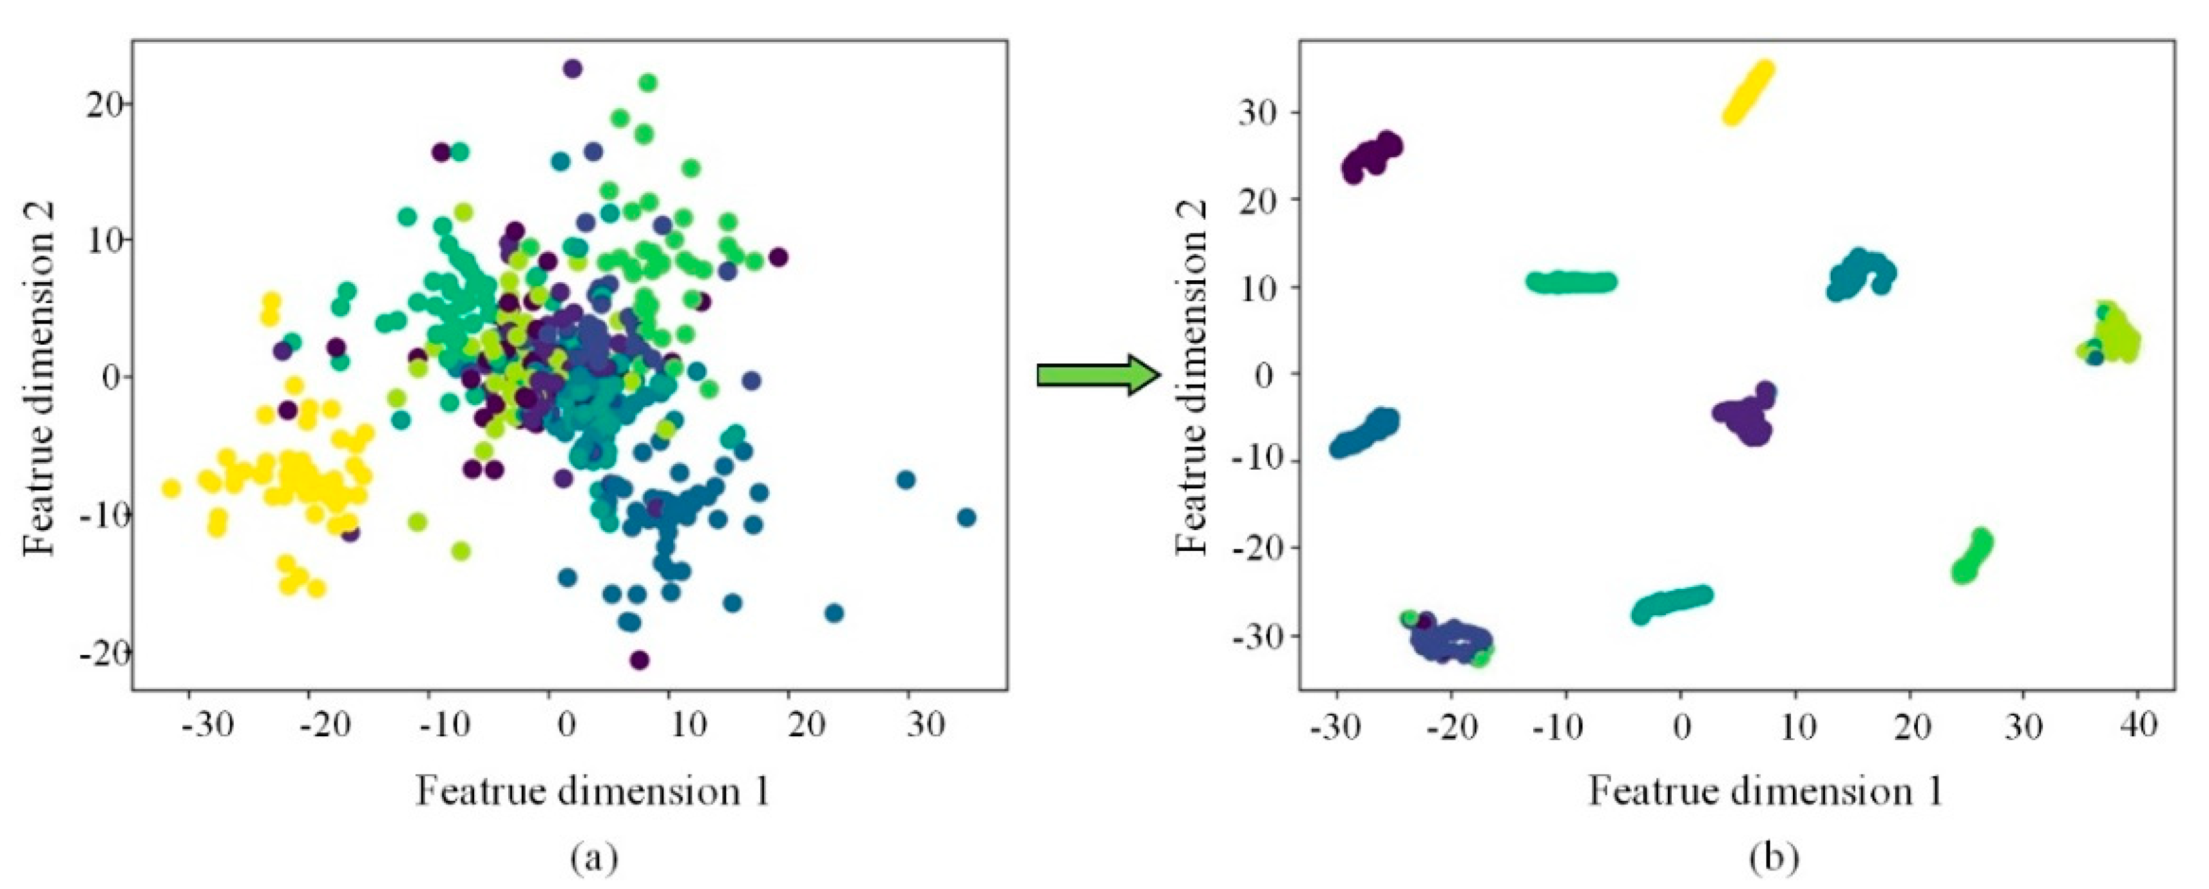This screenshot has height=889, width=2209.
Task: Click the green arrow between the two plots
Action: (x=1098, y=375)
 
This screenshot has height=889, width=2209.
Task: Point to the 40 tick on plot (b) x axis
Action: (x=2139, y=725)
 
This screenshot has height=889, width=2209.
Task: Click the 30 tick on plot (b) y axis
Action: (x=1257, y=111)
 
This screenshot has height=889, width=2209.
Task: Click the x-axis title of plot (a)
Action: (x=593, y=790)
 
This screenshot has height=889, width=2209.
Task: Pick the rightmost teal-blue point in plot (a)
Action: (x=966, y=517)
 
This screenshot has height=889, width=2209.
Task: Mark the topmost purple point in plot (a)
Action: (x=573, y=68)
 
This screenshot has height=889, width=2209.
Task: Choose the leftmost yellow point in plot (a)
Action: (x=171, y=488)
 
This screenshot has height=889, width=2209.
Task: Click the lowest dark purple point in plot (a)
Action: (x=639, y=659)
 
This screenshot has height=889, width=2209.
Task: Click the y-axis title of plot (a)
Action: (x=39, y=378)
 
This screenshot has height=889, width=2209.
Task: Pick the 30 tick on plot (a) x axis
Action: (x=926, y=725)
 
